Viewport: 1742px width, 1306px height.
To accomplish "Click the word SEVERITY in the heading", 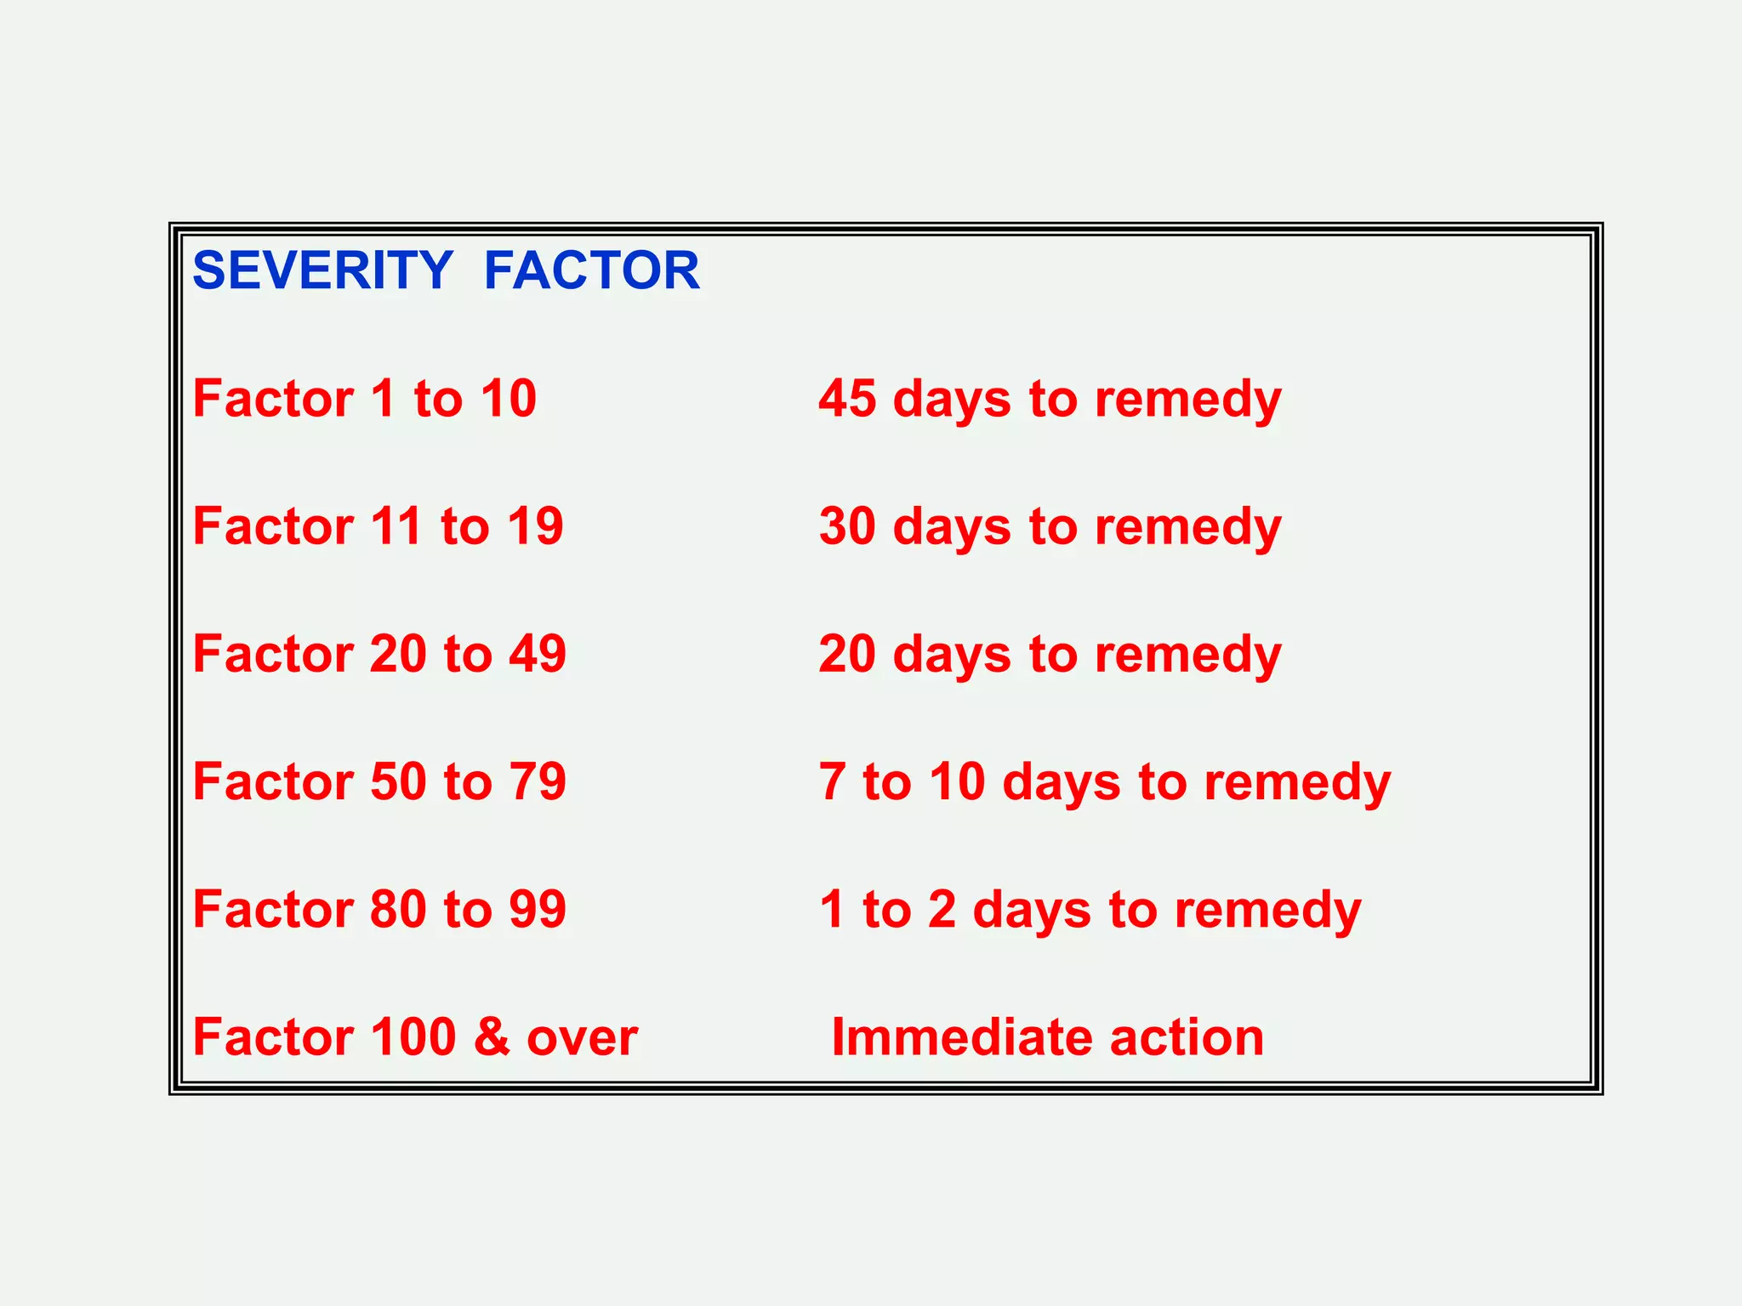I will pos(323,270).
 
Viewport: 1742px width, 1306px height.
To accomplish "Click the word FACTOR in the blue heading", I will pos(591,270).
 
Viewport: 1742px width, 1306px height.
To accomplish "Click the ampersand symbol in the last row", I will pos(492,1036).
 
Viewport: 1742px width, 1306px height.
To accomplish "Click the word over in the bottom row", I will pos(582,1038).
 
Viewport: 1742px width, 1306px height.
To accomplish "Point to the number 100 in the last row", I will pos(413,1036).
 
